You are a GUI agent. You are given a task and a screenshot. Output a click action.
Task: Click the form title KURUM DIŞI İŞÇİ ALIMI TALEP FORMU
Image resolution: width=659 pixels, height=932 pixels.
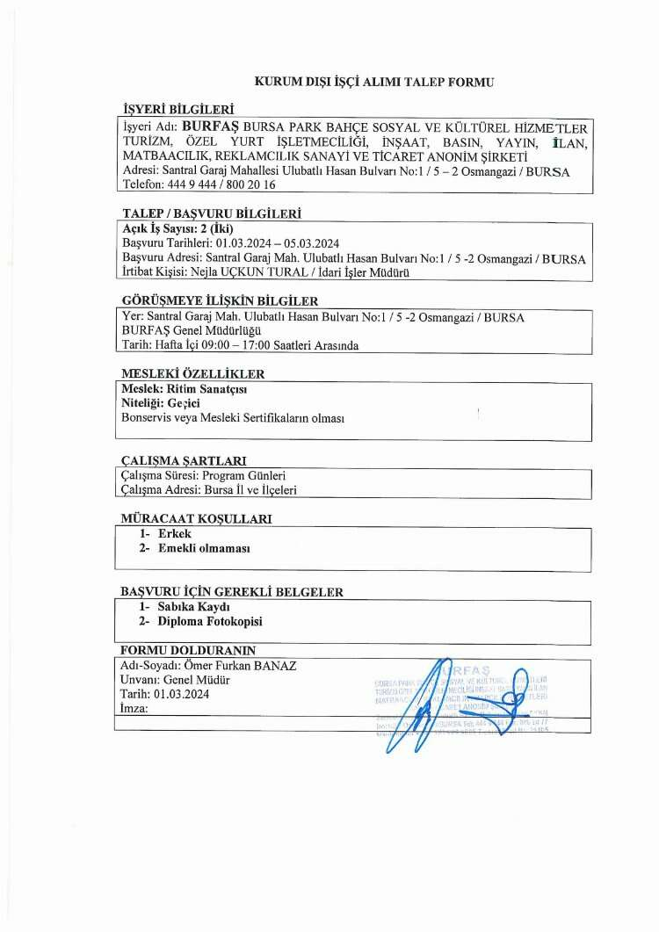click(373, 82)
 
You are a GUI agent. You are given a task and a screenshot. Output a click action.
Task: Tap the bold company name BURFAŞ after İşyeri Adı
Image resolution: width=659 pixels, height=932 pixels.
click(210, 126)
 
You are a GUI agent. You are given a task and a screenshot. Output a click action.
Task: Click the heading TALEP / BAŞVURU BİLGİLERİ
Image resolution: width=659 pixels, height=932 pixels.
click(212, 213)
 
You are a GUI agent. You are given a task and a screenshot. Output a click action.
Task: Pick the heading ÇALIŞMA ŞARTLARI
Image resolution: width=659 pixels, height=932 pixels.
click(183, 460)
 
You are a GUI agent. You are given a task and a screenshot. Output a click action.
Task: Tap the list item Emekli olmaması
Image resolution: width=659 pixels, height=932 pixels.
click(204, 548)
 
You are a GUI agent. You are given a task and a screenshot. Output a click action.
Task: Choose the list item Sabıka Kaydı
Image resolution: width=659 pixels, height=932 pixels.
click(193, 607)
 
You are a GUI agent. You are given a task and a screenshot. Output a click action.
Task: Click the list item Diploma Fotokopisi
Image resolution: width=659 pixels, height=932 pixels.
click(210, 621)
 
